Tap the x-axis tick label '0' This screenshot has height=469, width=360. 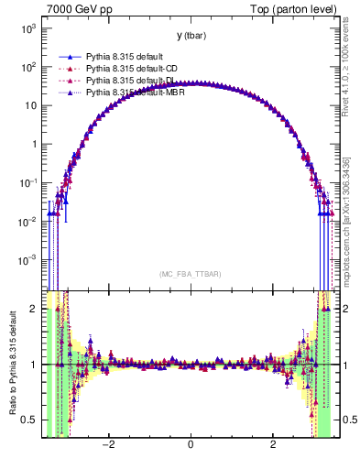(191, 445)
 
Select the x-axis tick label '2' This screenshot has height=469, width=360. (273, 445)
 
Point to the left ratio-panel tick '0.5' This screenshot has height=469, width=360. (30, 420)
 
